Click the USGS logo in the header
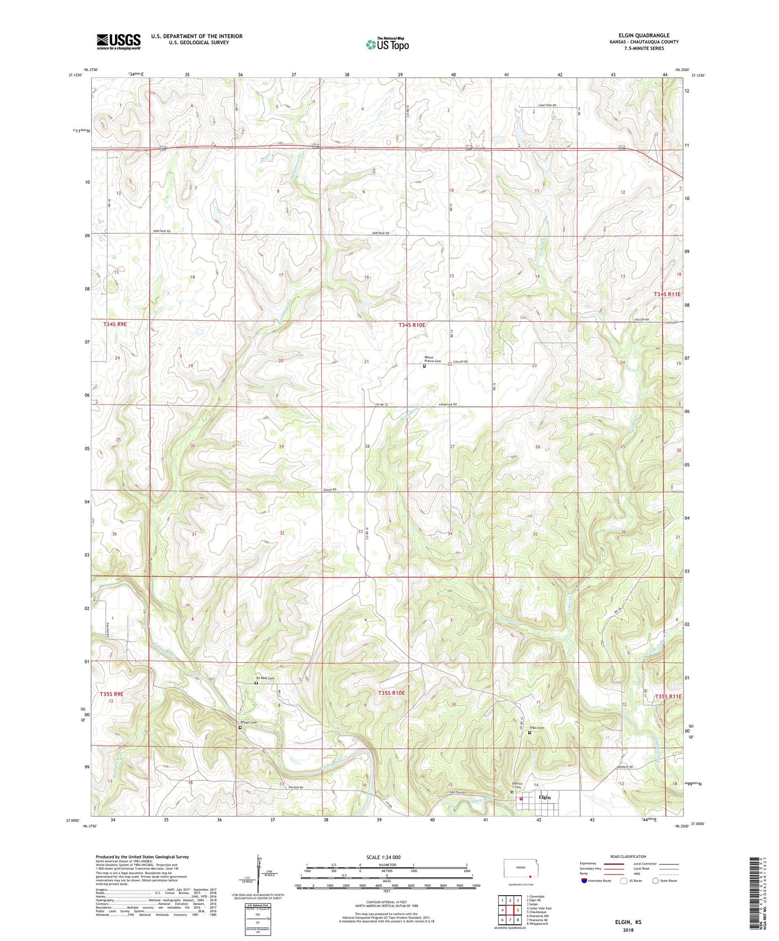[119, 41]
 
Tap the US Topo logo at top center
[387, 44]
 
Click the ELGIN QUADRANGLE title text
[644, 36]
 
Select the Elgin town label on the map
[544, 797]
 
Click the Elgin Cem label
[537, 728]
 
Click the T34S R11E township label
[667, 294]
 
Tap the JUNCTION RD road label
[546, 106]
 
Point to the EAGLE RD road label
[330, 489]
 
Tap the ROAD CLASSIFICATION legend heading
[629, 856]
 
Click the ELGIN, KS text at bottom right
[628, 922]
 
